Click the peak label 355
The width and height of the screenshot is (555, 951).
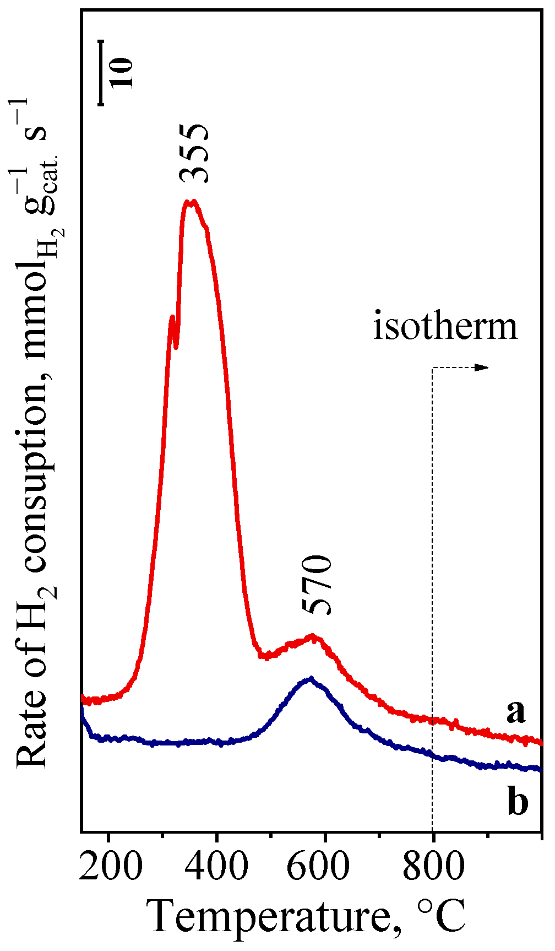coord(194,153)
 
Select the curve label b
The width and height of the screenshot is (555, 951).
coord(518,803)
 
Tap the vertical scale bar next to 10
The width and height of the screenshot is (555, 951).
coord(101,72)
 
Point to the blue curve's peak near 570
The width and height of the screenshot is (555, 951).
coord(311,679)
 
